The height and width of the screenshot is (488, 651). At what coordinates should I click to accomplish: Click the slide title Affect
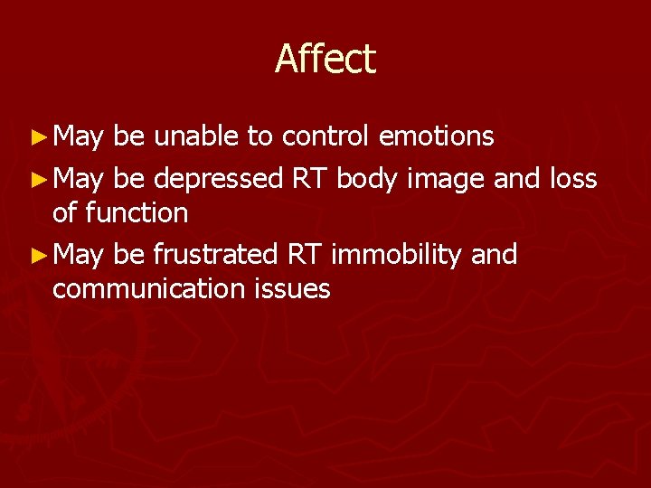pyautogui.click(x=325, y=60)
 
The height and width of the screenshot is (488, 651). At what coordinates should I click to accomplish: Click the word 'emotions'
pyautogui.click(x=437, y=136)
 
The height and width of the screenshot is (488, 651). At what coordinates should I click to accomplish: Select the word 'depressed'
pyautogui.click(x=219, y=180)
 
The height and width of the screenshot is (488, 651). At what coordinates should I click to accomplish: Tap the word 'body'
pyautogui.click(x=367, y=180)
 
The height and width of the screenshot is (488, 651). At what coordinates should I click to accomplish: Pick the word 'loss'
pyautogui.click(x=572, y=179)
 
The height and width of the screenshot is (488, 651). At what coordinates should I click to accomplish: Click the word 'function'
pyautogui.click(x=137, y=213)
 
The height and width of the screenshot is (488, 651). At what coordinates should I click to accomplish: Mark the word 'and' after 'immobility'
pyautogui.click(x=494, y=256)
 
